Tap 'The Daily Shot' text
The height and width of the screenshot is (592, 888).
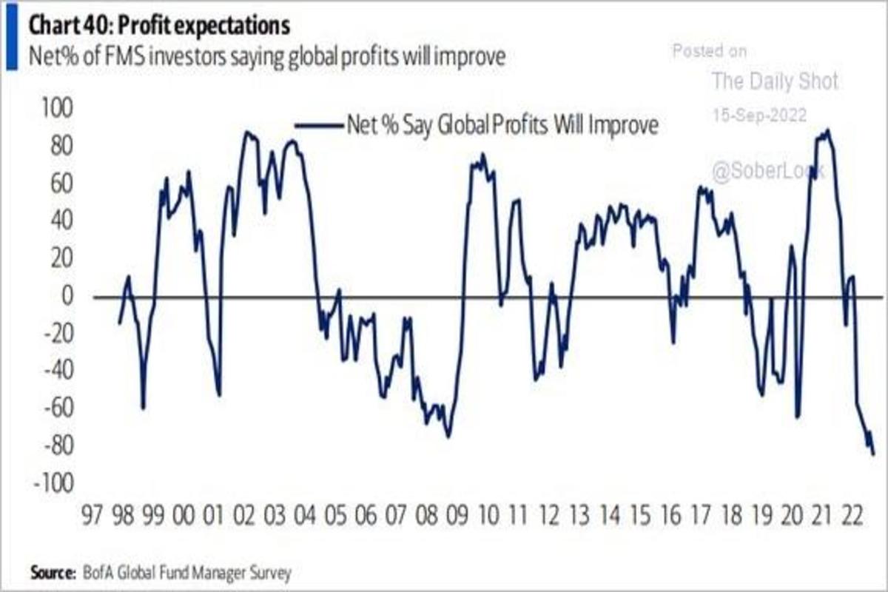tap(775, 81)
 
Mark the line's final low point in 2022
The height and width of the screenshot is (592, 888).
tap(873, 454)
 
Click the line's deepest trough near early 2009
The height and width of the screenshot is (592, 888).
tap(448, 437)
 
